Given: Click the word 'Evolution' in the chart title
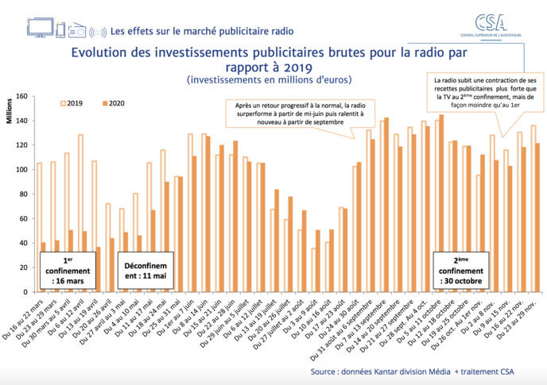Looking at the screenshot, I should pos(103,53).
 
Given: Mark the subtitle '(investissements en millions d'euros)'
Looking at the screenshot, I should pos(269,80).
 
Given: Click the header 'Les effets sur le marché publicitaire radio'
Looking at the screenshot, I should pos(203,32).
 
